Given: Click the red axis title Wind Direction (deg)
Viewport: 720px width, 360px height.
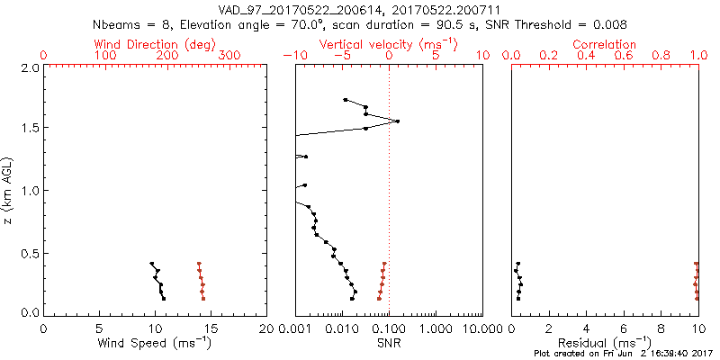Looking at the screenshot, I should pyautogui.click(x=155, y=44).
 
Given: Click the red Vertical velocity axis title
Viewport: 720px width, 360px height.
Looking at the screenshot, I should pyautogui.click(x=387, y=44).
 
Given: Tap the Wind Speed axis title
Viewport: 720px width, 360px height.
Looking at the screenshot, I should pyautogui.click(x=155, y=344).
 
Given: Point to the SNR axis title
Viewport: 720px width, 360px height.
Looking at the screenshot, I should pyautogui.click(x=388, y=344).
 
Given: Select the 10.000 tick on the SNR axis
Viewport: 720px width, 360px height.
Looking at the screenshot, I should pyautogui.click(x=481, y=328).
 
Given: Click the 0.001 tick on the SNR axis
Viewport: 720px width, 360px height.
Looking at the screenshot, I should pyautogui.click(x=295, y=328).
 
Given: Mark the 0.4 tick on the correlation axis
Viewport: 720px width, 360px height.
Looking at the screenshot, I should pyautogui.click(x=587, y=56).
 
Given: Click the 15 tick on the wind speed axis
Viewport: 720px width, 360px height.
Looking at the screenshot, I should pyautogui.click(x=211, y=328).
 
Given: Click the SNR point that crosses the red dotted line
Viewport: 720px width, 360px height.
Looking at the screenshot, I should pyautogui.click(x=397, y=121).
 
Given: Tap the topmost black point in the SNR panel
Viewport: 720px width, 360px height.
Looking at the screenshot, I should pyautogui.click(x=346, y=100).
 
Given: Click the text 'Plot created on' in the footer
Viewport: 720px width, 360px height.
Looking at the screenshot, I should pyautogui.click(x=557, y=354).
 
